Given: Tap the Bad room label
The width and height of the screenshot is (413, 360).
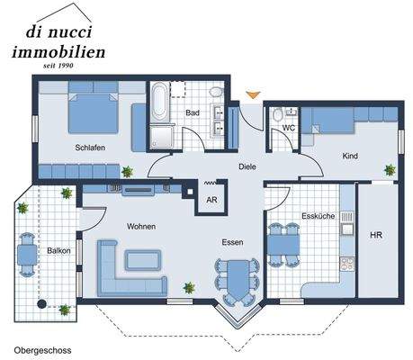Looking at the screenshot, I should (192, 113).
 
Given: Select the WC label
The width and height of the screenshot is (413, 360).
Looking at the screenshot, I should (288, 127).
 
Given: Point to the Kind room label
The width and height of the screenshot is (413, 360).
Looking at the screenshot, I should (350, 156).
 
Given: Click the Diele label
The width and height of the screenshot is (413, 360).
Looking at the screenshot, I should (247, 166).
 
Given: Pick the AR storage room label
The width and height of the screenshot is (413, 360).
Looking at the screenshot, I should (212, 200).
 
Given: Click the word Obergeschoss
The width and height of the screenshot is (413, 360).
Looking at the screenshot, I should (42, 347).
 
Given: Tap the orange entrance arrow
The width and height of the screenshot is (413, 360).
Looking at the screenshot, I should (254, 94).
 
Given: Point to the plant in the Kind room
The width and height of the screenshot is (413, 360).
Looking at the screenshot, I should (390, 168).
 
